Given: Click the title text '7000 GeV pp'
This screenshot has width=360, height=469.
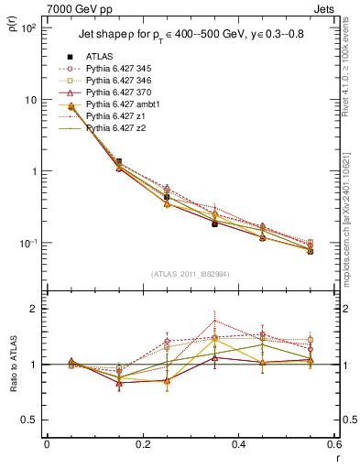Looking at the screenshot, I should [76, 9].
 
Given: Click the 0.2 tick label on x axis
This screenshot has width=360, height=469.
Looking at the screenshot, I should [142, 446].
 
